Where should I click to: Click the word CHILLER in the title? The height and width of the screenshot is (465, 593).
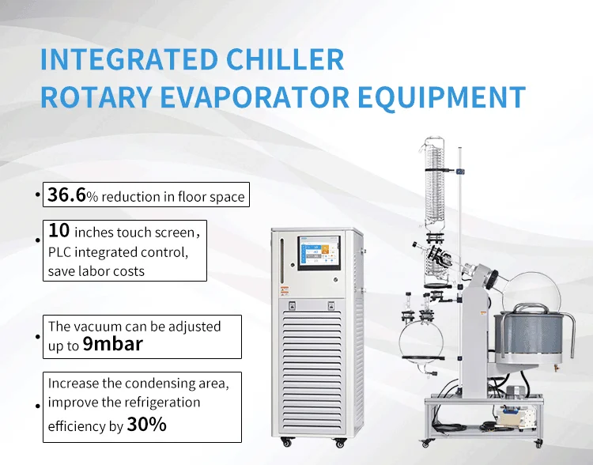point(285,59)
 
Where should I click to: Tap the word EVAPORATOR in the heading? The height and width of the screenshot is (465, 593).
point(255,97)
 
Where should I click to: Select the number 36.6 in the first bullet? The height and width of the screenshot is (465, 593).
point(67,195)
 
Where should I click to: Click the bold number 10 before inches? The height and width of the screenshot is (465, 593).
point(59,230)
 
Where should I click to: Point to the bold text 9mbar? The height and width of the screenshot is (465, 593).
point(113,344)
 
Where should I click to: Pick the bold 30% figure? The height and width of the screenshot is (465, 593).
point(147,424)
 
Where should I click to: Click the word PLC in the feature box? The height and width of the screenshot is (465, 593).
point(59,252)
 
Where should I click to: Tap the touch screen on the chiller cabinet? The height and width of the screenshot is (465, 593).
point(319,253)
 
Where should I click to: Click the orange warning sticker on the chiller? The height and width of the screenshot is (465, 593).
point(285,292)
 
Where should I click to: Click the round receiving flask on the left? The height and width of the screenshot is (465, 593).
point(421,343)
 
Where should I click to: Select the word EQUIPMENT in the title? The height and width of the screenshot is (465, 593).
point(442,97)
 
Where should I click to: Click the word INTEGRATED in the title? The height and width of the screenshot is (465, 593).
point(129,59)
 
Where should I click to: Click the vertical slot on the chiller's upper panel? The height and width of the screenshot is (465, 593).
point(281,260)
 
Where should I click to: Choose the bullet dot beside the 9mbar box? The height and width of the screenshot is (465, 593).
point(37,336)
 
